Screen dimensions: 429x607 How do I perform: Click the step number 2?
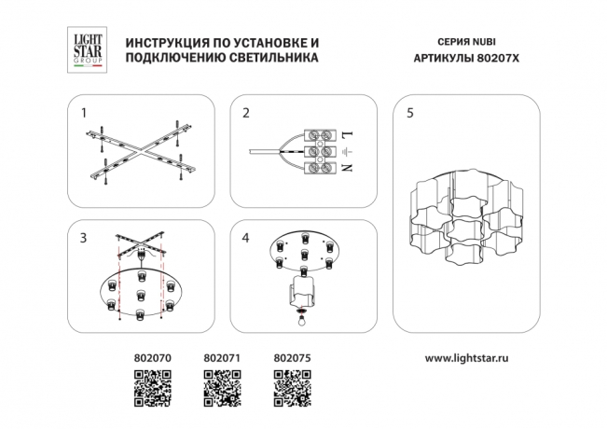click(245, 114)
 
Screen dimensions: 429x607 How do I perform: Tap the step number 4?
click(245, 239)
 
